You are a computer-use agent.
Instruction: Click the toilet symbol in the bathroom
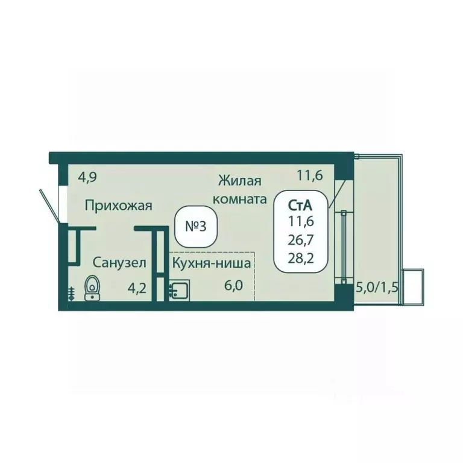[92, 288]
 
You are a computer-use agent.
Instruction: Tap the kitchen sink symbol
[179, 291]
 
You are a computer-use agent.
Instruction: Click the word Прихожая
[118, 206]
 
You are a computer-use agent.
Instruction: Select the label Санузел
[119, 262]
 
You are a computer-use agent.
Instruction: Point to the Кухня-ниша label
[212, 263]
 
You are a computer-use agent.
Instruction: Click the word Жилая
[240, 181]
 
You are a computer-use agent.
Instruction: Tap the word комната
[240, 200]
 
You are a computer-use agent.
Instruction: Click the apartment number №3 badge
[196, 227]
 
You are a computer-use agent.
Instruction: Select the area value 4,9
[87, 178]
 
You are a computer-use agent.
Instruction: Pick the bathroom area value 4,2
[137, 288]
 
